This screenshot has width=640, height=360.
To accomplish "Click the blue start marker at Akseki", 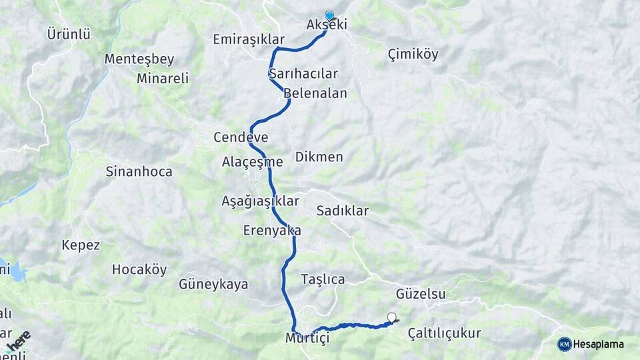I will pyautogui.click(x=329, y=15).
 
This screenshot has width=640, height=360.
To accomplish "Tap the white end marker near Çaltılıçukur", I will pyautogui.click(x=391, y=318).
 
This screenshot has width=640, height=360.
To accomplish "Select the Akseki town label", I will pyautogui.click(x=327, y=25).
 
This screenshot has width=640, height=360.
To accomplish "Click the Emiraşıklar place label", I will pyautogui.click(x=249, y=39).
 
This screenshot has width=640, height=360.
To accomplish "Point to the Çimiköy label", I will pyautogui.click(x=413, y=55).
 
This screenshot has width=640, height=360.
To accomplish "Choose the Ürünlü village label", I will pyautogui.click(x=69, y=33).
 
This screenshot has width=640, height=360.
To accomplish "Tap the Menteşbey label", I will pyautogui.click(x=139, y=59).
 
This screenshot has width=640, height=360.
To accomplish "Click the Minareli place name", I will pyautogui.click(x=162, y=78).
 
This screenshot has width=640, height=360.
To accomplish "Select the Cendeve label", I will pyautogui.click(x=241, y=138).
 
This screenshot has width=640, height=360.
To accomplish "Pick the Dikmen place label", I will pyautogui.click(x=319, y=157).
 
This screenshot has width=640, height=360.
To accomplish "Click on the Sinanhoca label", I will pyautogui.click(x=139, y=171).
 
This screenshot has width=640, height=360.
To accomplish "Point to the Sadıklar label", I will pyautogui.click(x=342, y=211).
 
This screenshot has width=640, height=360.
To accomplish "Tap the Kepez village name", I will pyautogui.click(x=81, y=245).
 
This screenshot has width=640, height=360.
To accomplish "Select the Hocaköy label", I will pyautogui.click(x=139, y=270).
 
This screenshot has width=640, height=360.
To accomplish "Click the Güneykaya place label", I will pyautogui.click(x=213, y=285).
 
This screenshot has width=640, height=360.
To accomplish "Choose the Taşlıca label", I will pyautogui.click(x=323, y=279).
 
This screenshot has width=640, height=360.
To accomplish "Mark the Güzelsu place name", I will pyautogui.click(x=421, y=293).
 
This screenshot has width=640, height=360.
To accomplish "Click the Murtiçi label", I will pyautogui.click(x=307, y=338).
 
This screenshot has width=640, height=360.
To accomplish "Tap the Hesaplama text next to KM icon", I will pyautogui.click(x=599, y=344).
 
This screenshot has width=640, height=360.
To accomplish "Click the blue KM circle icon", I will pyautogui.click(x=565, y=344).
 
